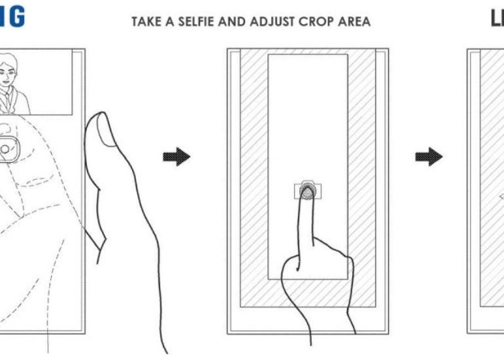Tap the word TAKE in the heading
(x=146, y=22)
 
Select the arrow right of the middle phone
(x=429, y=157)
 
